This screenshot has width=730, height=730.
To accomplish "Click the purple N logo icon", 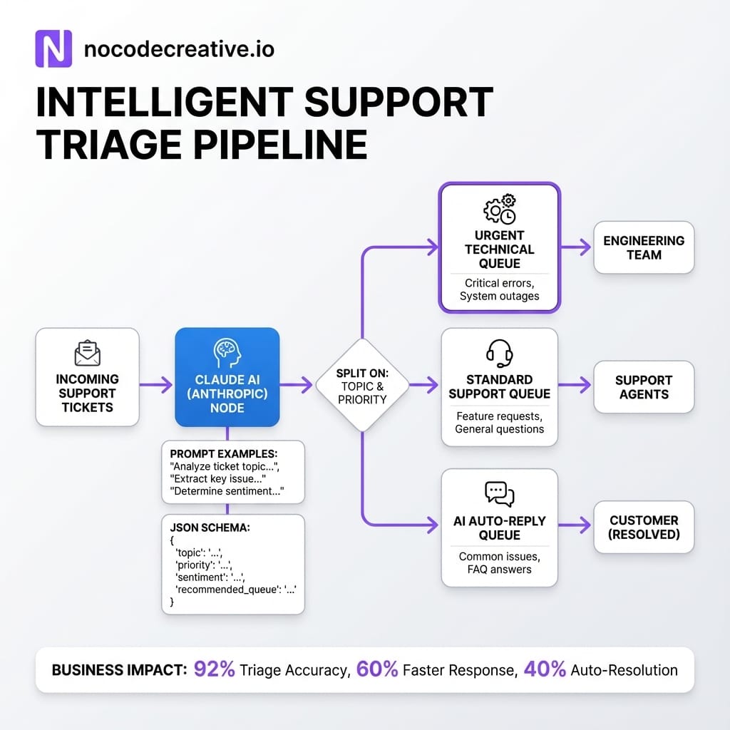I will [x=53, y=49].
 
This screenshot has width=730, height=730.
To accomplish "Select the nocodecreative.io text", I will [x=179, y=49].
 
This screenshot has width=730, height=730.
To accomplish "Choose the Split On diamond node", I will [x=362, y=385].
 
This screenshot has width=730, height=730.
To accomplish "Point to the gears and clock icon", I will [x=500, y=207].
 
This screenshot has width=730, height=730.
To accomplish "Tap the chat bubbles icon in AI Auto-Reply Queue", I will [x=499, y=493].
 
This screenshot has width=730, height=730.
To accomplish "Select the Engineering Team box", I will [x=644, y=247].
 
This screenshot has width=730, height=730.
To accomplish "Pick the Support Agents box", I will [x=644, y=386].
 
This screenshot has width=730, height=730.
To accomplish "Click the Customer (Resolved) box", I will [x=644, y=527].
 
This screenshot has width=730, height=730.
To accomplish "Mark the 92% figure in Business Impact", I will [x=215, y=669].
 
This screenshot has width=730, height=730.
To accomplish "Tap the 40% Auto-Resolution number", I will [x=545, y=669].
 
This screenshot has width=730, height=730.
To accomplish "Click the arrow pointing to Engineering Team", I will [x=576, y=247].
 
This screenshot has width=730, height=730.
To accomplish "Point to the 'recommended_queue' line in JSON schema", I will [x=235, y=589].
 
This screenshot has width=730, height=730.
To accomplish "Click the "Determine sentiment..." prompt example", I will [x=227, y=491].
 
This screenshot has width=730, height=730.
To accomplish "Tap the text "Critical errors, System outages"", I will [x=499, y=289].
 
